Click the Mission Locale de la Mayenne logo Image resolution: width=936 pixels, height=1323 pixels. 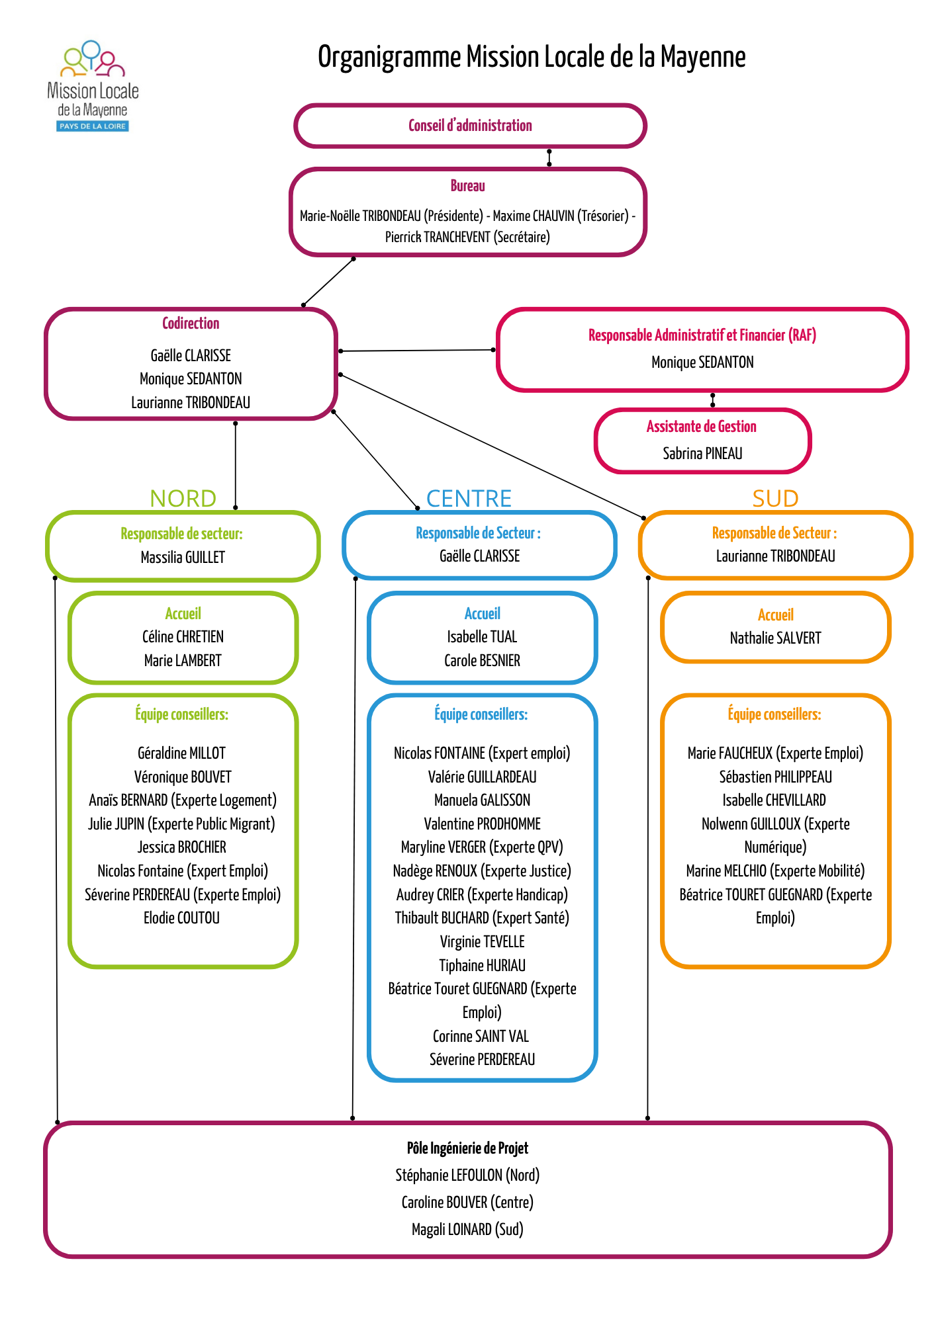click(x=93, y=86)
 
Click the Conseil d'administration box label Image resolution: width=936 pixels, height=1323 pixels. click(x=470, y=126)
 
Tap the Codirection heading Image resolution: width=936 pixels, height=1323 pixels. click(x=191, y=323)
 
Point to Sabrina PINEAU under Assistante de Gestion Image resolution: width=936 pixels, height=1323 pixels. click(x=702, y=454)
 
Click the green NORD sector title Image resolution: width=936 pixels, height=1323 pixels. click(x=183, y=498)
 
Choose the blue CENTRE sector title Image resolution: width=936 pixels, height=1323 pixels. click(x=469, y=498)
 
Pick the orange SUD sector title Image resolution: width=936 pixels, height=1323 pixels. click(x=775, y=498)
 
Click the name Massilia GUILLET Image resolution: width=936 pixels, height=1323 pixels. click(x=183, y=558)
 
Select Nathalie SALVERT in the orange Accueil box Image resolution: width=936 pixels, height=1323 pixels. click(x=775, y=638)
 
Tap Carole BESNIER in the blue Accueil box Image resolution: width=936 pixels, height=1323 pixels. click(x=482, y=661)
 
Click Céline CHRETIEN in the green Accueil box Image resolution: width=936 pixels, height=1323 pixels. click(x=183, y=637)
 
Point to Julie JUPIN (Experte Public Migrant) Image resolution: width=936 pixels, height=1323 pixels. click(x=181, y=824)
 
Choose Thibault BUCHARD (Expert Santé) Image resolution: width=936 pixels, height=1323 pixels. click(x=482, y=918)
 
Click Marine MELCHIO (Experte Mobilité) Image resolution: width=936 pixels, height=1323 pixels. click(x=775, y=871)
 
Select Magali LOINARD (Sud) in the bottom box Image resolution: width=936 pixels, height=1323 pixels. click(x=467, y=1230)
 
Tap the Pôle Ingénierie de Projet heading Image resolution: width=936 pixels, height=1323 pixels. click(x=467, y=1148)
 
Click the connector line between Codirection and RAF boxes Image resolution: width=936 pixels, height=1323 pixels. click(x=417, y=350)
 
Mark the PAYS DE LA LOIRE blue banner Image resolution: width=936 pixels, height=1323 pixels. click(x=93, y=126)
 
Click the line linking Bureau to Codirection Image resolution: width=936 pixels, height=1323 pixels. click(x=328, y=282)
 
